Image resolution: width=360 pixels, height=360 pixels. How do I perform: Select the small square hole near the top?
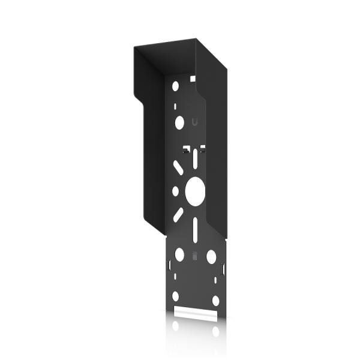[193, 78]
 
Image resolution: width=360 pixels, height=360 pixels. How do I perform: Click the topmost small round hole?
[175, 86]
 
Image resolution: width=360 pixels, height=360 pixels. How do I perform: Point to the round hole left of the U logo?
[179, 123]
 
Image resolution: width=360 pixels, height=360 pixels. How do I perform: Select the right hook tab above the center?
[203, 147]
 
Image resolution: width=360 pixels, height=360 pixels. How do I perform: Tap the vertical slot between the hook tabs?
[195, 157]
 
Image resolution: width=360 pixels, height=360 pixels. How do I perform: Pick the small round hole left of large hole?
[175, 191]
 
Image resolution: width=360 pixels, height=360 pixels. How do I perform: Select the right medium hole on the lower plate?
[211, 256]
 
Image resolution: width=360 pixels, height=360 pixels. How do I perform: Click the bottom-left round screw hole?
[175, 296]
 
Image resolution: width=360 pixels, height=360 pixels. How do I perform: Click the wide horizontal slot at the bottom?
[196, 313]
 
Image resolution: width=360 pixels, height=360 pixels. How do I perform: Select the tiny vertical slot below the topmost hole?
[175, 106]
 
